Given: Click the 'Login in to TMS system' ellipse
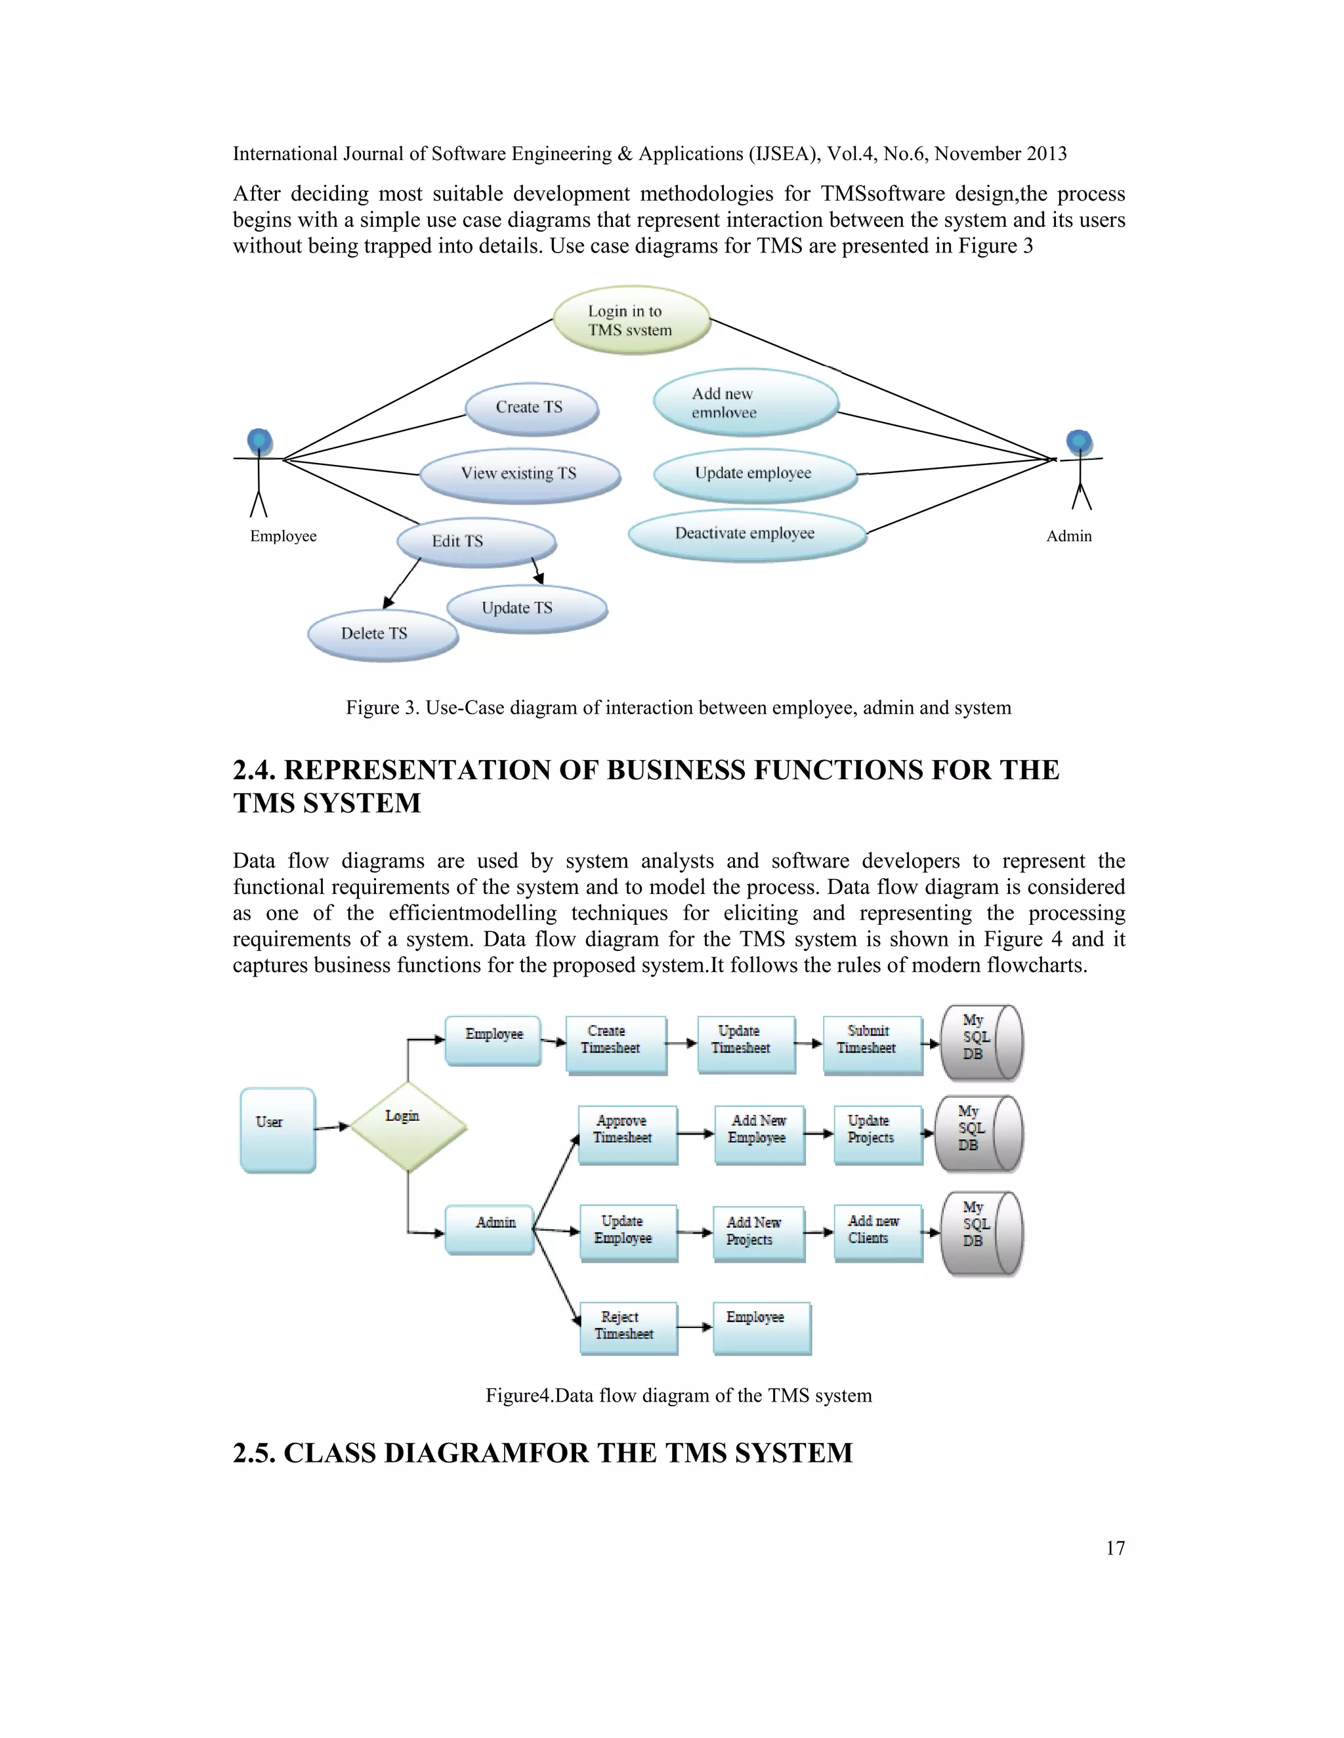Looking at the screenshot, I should [x=631, y=320].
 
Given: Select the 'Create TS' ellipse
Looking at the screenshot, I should [x=531, y=408].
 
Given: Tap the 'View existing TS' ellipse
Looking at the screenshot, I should [x=519, y=474].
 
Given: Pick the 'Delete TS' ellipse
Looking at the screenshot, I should [x=382, y=634].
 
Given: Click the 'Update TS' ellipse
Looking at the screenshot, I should [x=526, y=609].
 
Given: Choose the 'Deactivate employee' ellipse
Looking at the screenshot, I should [x=746, y=534].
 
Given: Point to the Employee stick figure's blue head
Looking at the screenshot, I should [x=259, y=440].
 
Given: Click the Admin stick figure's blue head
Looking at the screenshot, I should [x=1079, y=441].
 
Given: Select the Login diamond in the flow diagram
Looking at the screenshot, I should [x=408, y=1126].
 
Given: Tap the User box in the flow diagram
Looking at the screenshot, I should [x=278, y=1129].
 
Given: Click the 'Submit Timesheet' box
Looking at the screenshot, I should [x=872, y=1043].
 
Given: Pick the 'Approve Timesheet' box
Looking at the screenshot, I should [x=627, y=1133].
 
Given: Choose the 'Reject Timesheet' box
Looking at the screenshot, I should [x=628, y=1327].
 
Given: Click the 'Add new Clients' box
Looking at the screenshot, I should [x=877, y=1231].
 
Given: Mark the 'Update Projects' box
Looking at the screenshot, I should [x=877, y=1133].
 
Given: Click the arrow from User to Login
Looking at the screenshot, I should [x=332, y=1127].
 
